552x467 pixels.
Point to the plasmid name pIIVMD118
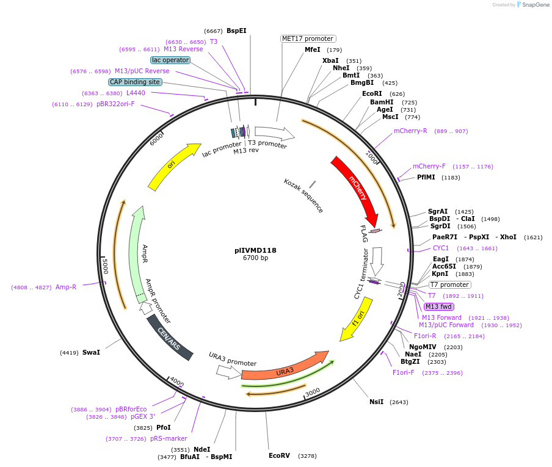click(x=255, y=250)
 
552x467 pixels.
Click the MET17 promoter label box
click(x=308, y=38)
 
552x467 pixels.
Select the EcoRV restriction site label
click(x=280, y=455)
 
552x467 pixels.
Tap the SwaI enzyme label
click(x=91, y=352)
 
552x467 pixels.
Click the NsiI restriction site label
click(x=377, y=402)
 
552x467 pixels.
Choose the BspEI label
click(x=236, y=31)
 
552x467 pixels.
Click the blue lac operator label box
click(x=170, y=60)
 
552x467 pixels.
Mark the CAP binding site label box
click(x=135, y=82)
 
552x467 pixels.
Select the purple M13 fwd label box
click(x=438, y=306)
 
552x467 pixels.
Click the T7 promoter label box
click(x=450, y=284)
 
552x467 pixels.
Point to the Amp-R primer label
click(x=66, y=287)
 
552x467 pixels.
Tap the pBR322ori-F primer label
click(x=115, y=104)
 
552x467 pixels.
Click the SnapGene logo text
click(x=533, y=5)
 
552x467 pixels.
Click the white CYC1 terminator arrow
click(x=377, y=260)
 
